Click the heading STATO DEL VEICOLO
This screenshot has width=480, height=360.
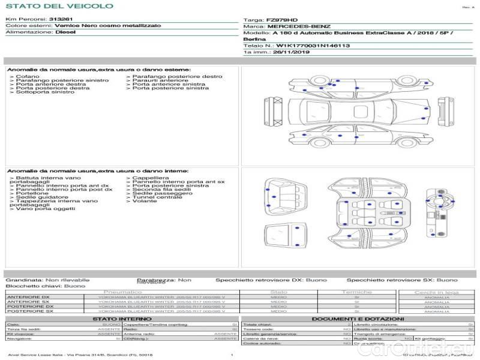(59, 6)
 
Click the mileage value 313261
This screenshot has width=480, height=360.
(61, 20)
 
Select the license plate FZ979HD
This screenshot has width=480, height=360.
(281, 20)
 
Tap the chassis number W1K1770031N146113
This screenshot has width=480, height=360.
(313, 46)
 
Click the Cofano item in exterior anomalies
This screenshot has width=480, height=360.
(28, 77)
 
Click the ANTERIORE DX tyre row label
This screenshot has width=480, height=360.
(28, 297)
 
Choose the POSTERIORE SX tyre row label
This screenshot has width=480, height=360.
(29, 311)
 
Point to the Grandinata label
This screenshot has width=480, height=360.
(24, 280)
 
